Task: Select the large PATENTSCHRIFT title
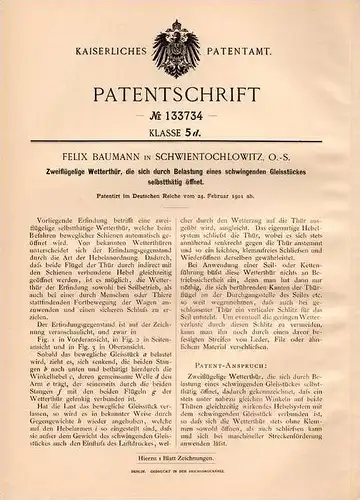pyautogui.click(x=180, y=85)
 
